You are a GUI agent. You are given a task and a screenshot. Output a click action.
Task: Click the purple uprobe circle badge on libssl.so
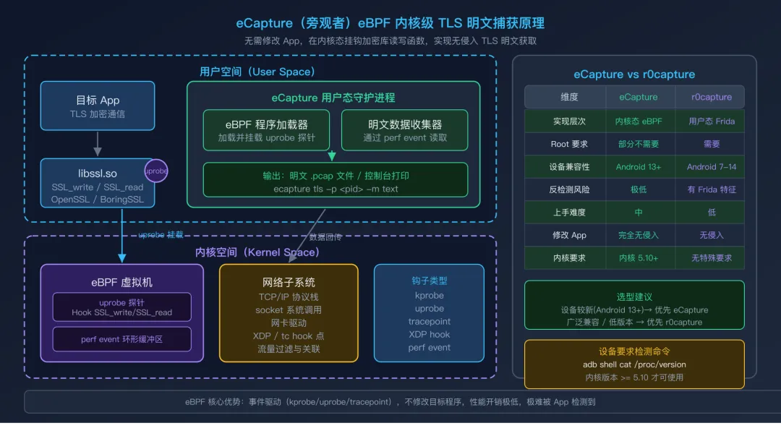tap(156, 171)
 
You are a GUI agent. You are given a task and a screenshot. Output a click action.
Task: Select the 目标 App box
tap(98, 106)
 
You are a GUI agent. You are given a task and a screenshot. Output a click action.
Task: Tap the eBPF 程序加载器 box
tap(266, 130)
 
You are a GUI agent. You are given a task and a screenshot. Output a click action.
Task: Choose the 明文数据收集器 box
tap(405, 130)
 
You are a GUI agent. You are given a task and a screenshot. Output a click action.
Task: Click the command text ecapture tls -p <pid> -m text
tap(336, 189)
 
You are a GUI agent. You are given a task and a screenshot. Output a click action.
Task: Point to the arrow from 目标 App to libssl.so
tap(98, 143)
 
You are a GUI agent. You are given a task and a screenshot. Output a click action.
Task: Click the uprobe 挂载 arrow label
tap(161, 235)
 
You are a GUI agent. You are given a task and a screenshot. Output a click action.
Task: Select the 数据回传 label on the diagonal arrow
tap(327, 236)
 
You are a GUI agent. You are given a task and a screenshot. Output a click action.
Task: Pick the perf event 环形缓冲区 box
tap(122, 338)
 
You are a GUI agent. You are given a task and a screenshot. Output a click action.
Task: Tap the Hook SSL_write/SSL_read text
tap(122, 312)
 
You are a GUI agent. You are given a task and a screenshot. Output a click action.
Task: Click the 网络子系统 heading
tap(289, 282)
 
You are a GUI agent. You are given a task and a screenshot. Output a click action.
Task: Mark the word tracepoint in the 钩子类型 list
tap(429, 321)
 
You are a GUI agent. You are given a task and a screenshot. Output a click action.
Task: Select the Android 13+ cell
tap(639, 166)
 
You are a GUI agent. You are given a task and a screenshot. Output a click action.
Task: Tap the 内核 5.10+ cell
tap(639, 257)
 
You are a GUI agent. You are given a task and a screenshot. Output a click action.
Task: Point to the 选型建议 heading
tap(634, 296)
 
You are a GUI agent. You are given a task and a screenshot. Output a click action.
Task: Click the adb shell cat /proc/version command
tap(634, 364)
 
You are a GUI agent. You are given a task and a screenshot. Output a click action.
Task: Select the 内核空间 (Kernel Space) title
tap(257, 252)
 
